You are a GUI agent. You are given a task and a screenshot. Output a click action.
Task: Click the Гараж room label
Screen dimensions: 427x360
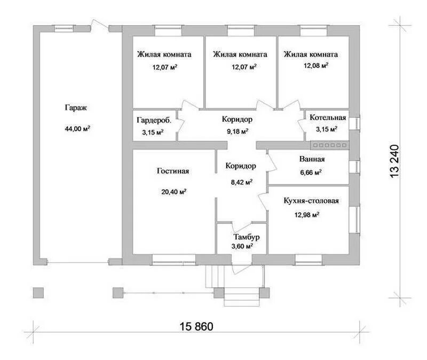(x=76, y=108)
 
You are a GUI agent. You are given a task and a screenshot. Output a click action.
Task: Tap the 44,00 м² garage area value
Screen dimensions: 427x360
(x=77, y=128)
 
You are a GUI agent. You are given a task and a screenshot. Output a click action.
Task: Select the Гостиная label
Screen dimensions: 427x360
(x=173, y=171)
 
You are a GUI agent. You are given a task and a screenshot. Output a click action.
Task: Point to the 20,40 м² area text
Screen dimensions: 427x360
(x=174, y=192)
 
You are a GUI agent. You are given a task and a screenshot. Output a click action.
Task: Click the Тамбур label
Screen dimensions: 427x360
(x=247, y=237)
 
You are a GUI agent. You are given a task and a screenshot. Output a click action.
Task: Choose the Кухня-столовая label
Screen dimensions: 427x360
(x=311, y=201)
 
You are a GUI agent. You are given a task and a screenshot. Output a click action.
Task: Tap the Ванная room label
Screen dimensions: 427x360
(x=312, y=159)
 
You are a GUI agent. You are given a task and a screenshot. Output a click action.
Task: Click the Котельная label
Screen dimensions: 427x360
(x=328, y=118)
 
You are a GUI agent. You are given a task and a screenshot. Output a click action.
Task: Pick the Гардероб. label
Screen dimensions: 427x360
(x=154, y=120)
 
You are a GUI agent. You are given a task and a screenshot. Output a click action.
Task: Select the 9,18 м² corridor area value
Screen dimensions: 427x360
(x=238, y=131)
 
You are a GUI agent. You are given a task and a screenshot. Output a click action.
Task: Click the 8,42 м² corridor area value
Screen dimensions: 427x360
(x=242, y=182)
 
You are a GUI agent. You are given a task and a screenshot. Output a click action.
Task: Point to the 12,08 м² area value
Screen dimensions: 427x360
(x=316, y=66)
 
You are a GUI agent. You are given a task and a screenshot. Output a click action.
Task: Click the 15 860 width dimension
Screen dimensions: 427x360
(x=196, y=326)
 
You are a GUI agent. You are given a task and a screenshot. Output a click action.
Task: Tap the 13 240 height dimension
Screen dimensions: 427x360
(x=394, y=161)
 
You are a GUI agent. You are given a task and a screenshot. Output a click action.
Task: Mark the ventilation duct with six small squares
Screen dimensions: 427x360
(x=330, y=145)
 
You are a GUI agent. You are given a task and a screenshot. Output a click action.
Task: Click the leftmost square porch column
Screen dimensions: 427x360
(x=38, y=293)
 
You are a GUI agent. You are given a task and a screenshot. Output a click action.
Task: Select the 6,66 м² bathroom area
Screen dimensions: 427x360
(x=311, y=172)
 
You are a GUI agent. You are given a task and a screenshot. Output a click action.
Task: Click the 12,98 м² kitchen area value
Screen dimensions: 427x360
(x=306, y=215)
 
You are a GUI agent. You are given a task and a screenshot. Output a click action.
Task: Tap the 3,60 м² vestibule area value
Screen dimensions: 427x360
(x=242, y=246)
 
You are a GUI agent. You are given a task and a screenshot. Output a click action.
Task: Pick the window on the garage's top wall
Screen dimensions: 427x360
(x=64, y=29)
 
